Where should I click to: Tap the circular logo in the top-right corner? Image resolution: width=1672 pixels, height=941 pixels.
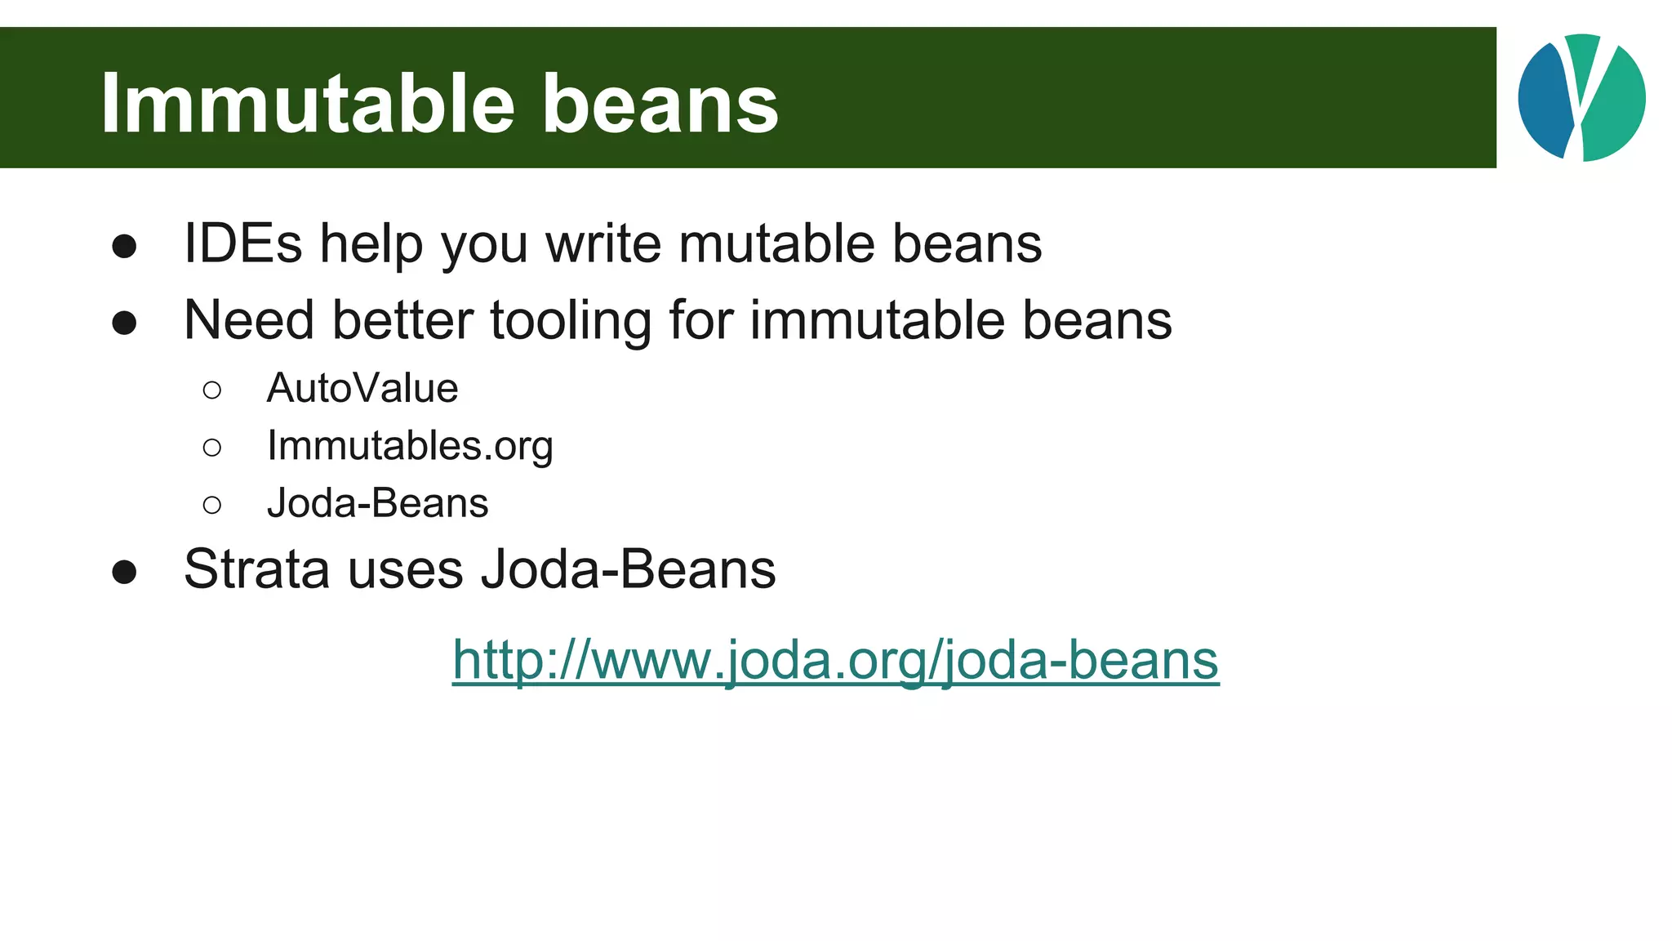point(1581,97)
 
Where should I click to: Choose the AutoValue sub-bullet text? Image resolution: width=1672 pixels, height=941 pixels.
point(362,388)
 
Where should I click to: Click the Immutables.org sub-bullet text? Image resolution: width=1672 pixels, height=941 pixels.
point(410,446)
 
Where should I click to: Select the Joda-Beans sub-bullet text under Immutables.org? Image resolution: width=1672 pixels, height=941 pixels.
point(377,503)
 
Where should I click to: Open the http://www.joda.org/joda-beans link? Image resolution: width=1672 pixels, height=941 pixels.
point(835,659)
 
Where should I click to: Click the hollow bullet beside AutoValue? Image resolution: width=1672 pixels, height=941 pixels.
point(212,390)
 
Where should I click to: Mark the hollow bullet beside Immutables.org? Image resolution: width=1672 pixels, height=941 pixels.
point(212,447)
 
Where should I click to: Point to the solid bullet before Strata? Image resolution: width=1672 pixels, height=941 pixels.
point(124,572)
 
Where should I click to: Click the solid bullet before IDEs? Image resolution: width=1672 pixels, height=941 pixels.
point(124,246)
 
